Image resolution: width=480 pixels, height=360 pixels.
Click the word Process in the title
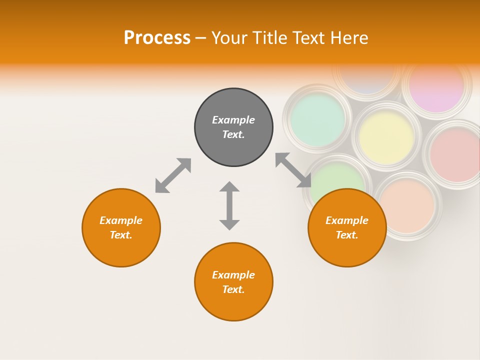pos(157,38)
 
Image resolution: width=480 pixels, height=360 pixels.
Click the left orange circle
pos(121,227)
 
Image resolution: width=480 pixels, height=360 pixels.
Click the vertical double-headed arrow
pos(229,205)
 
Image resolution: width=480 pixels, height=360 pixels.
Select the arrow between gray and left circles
pos(173,175)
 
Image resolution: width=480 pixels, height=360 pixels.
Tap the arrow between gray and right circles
pos(293,170)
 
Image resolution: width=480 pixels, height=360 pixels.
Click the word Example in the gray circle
pos(233,120)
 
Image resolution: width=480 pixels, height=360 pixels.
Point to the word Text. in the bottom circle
pos(233,289)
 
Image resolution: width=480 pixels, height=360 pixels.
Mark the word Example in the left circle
pos(121,220)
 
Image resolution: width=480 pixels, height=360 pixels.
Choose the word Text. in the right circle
pos(347,235)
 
